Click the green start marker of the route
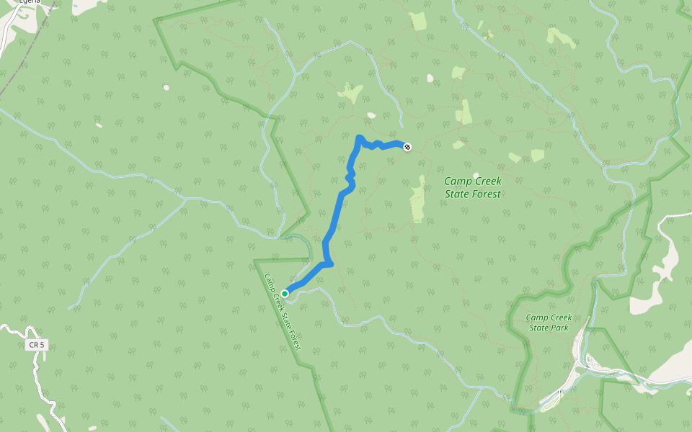pos(285,294)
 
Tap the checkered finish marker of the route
pos(408,147)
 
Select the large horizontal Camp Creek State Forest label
pos(472,188)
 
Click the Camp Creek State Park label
pos(549,323)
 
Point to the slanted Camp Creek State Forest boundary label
pos(282,312)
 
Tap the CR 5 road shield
pos(37,346)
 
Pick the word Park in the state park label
pos(559,328)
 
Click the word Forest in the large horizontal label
pos(485,194)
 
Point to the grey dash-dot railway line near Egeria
pos(29,50)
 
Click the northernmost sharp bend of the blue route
pos(359,137)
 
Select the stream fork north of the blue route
pos(296,73)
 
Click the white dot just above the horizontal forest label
pos(475,175)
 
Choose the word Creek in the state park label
pos(560,318)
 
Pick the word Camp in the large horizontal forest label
pos(456,182)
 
